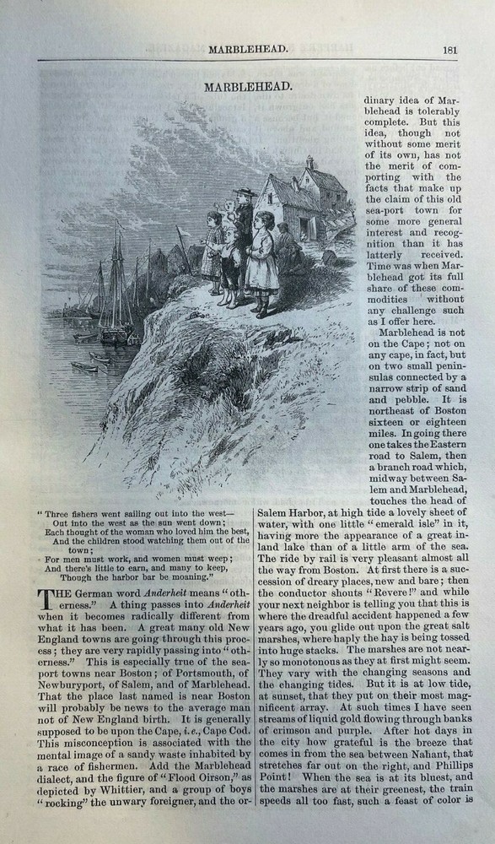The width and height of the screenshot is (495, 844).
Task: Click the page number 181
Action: pyautogui.click(x=449, y=49)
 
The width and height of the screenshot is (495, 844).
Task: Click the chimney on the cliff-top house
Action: pyautogui.click(x=309, y=162)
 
